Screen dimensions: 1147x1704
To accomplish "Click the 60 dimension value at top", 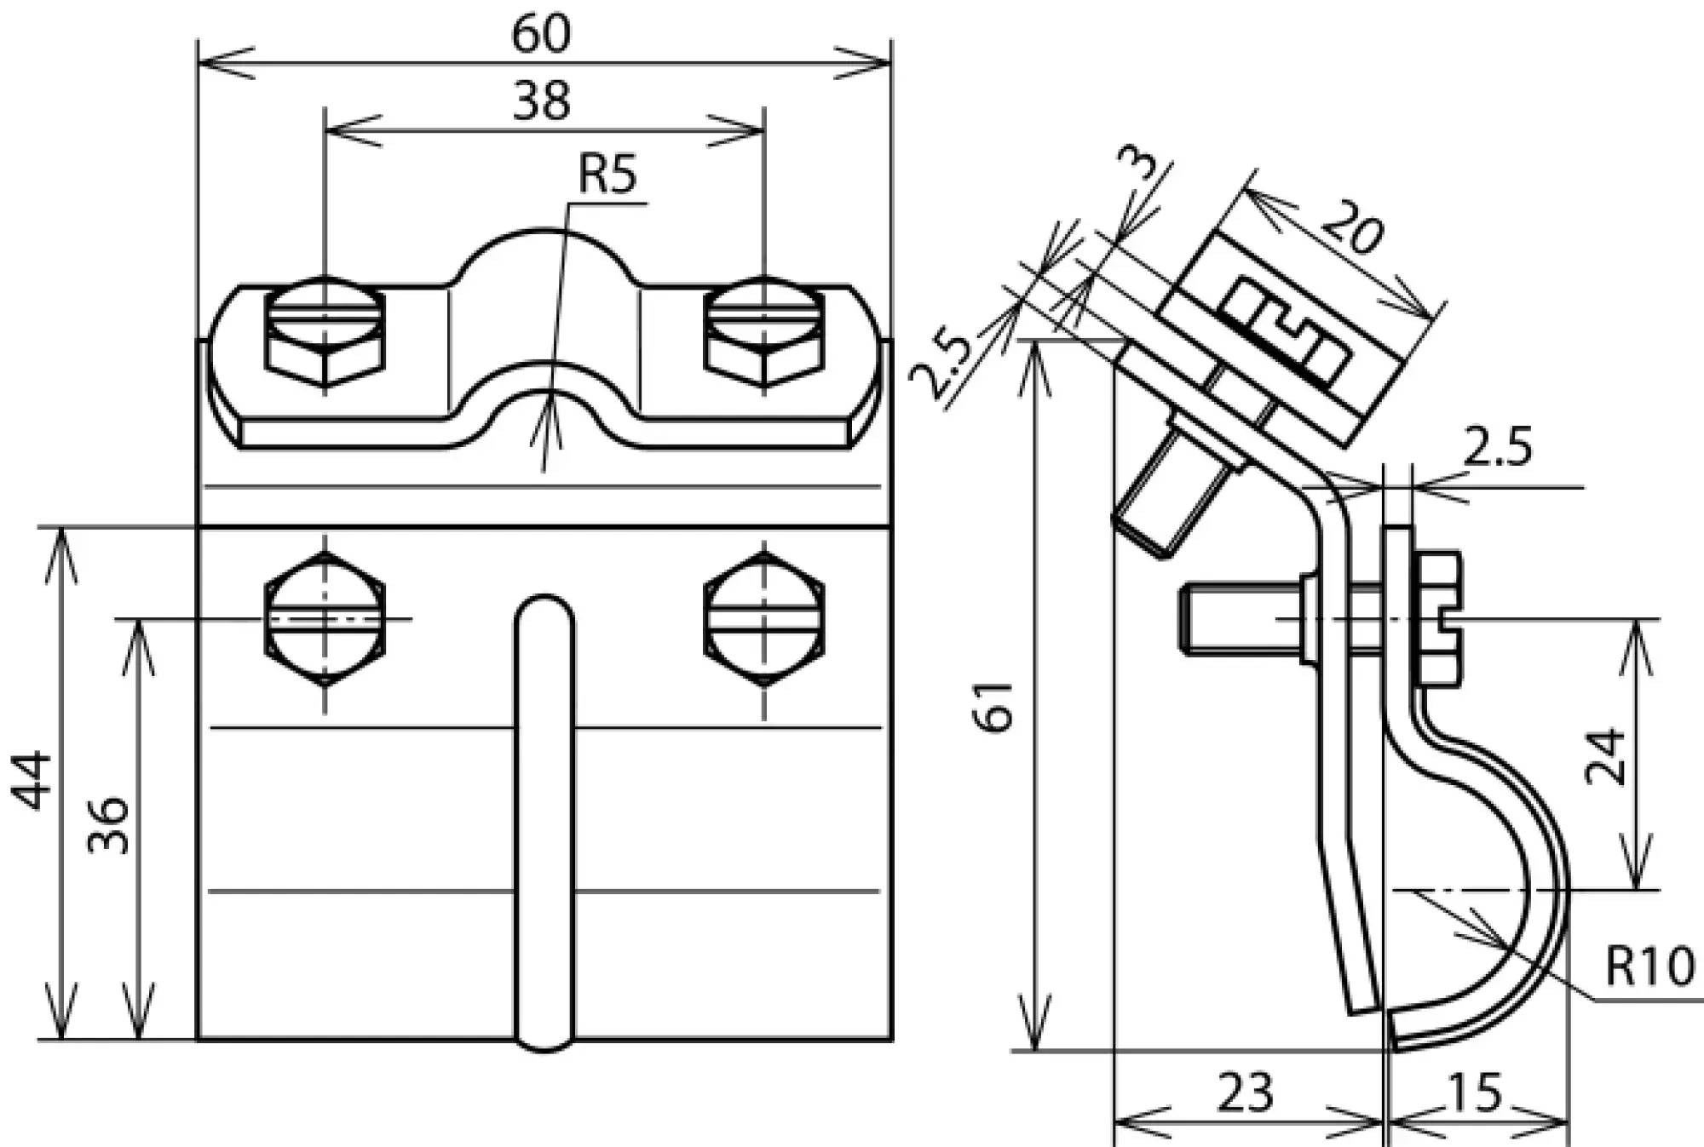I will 541,36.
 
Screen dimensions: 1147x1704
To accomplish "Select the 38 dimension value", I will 541,101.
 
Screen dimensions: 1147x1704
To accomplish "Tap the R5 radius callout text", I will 607,175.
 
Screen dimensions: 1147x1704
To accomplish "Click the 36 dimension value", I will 109,825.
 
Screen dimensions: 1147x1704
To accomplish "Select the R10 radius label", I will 1649,967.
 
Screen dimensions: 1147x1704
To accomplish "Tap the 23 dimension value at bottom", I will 1245,1093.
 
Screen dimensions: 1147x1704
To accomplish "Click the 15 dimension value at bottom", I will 1475,1093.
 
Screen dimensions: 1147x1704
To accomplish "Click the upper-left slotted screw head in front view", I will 325,318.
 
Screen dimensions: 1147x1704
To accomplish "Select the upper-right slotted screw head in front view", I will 764,318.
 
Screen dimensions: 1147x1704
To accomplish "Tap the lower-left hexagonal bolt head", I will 325,619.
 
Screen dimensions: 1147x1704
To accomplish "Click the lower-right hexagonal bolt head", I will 764,619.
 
